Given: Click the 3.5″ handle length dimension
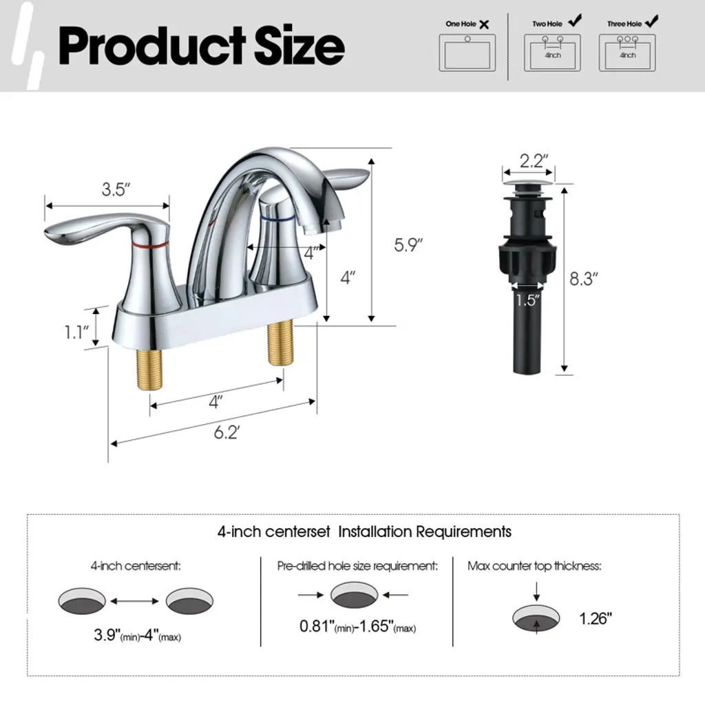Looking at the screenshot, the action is click(x=116, y=189).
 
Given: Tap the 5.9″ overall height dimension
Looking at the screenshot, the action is click(x=408, y=245).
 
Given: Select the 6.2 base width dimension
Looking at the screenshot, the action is click(x=227, y=432).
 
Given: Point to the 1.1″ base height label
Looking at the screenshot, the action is click(x=76, y=333).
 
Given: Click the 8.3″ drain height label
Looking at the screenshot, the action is click(x=584, y=279).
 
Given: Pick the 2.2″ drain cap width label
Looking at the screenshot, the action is click(x=534, y=161).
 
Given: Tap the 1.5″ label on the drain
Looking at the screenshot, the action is click(x=527, y=300).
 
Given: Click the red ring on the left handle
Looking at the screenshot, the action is click(x=151, y=245).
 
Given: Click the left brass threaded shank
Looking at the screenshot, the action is click(x=149, y=370).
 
